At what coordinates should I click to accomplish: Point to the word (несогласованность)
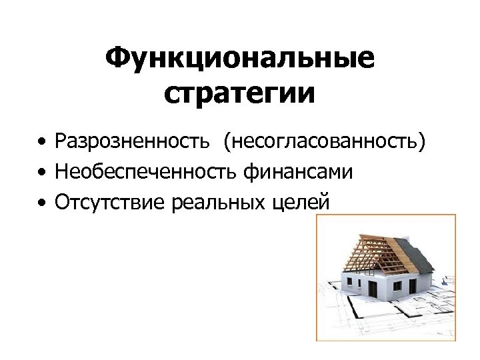pyautogui.click(x=325, y=141)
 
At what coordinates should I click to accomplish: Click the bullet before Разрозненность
pyautogui.click(x=42, y=143)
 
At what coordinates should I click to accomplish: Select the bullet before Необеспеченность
pyautogui.click(x=42, y=173)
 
